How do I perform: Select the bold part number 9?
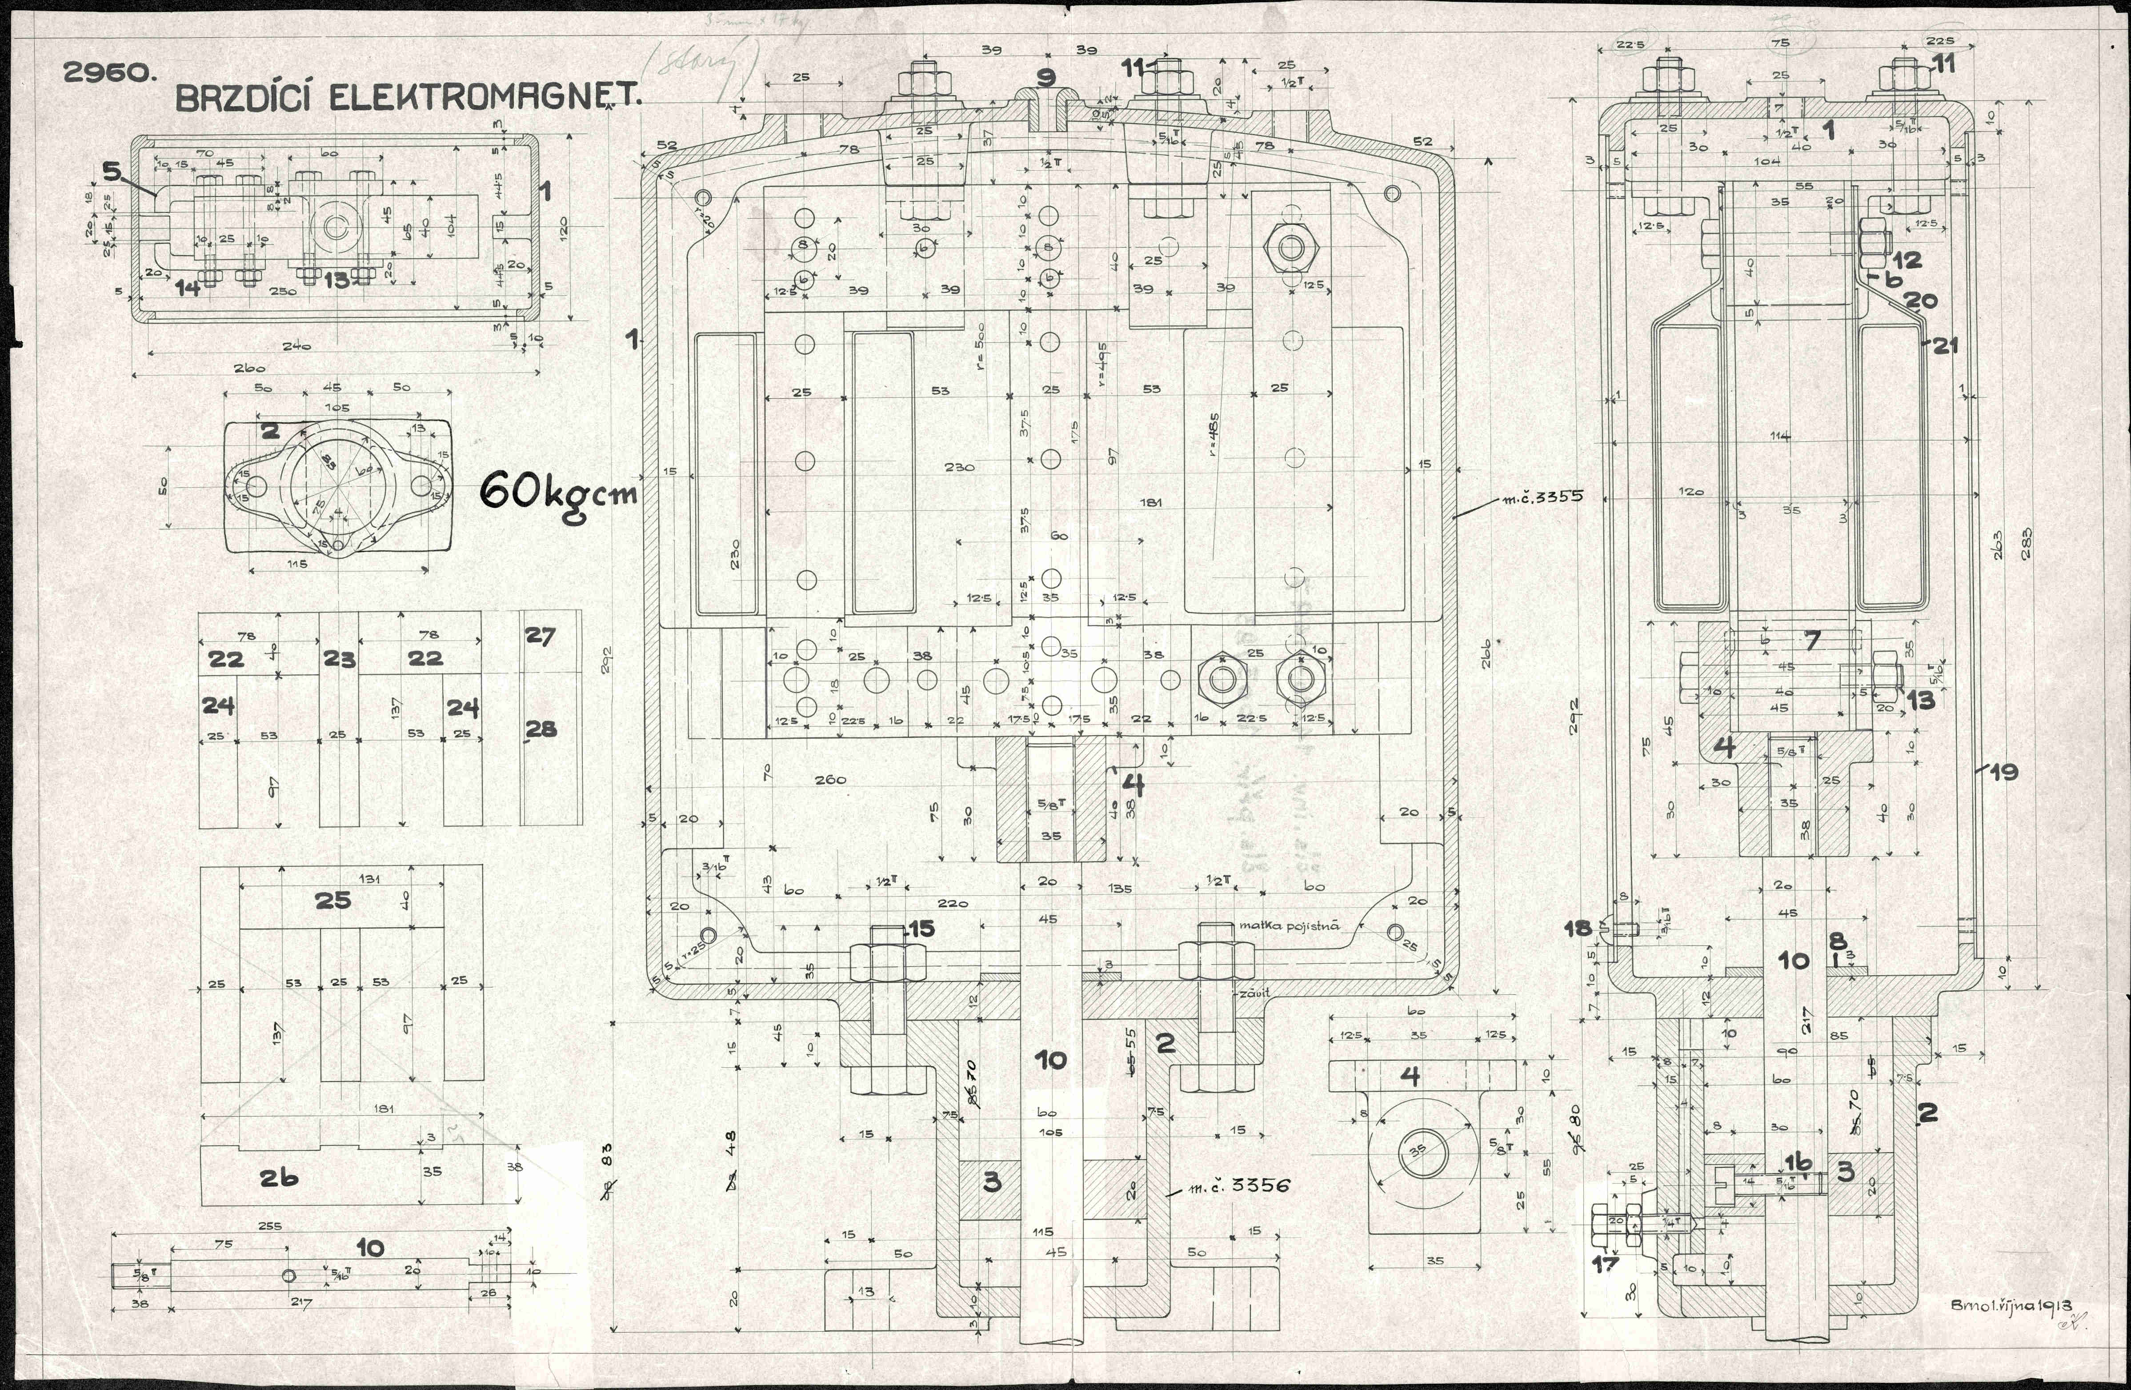1046,78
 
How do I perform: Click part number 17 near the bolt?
1606,1264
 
